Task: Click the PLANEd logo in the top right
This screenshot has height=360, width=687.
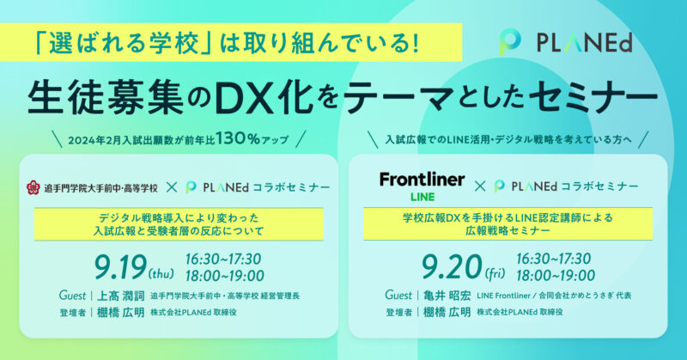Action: [566, 43]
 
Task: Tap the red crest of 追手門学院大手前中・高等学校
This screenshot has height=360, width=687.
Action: [33, 187]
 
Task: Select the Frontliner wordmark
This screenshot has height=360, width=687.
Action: [422, 180]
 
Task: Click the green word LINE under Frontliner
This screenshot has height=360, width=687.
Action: [423, 198]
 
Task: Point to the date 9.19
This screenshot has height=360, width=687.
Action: [120, 267]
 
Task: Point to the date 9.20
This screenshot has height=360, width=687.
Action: [452, 267]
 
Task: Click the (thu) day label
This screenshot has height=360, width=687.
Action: [161, 274]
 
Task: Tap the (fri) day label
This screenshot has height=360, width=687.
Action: [495, 274]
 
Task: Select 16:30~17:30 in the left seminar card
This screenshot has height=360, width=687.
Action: [223, 259]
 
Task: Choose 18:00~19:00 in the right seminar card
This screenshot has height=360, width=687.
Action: [556, 276]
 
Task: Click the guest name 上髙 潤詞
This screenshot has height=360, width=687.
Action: [120, 296]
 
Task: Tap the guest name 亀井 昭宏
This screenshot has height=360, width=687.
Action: [447, 296]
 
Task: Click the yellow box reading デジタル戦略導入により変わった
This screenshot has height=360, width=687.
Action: [179, 224]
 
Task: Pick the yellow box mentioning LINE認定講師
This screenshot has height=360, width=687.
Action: [508, 223]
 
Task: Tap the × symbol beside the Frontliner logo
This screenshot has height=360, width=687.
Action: [480, 186]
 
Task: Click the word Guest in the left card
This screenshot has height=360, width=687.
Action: [72, 296]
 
